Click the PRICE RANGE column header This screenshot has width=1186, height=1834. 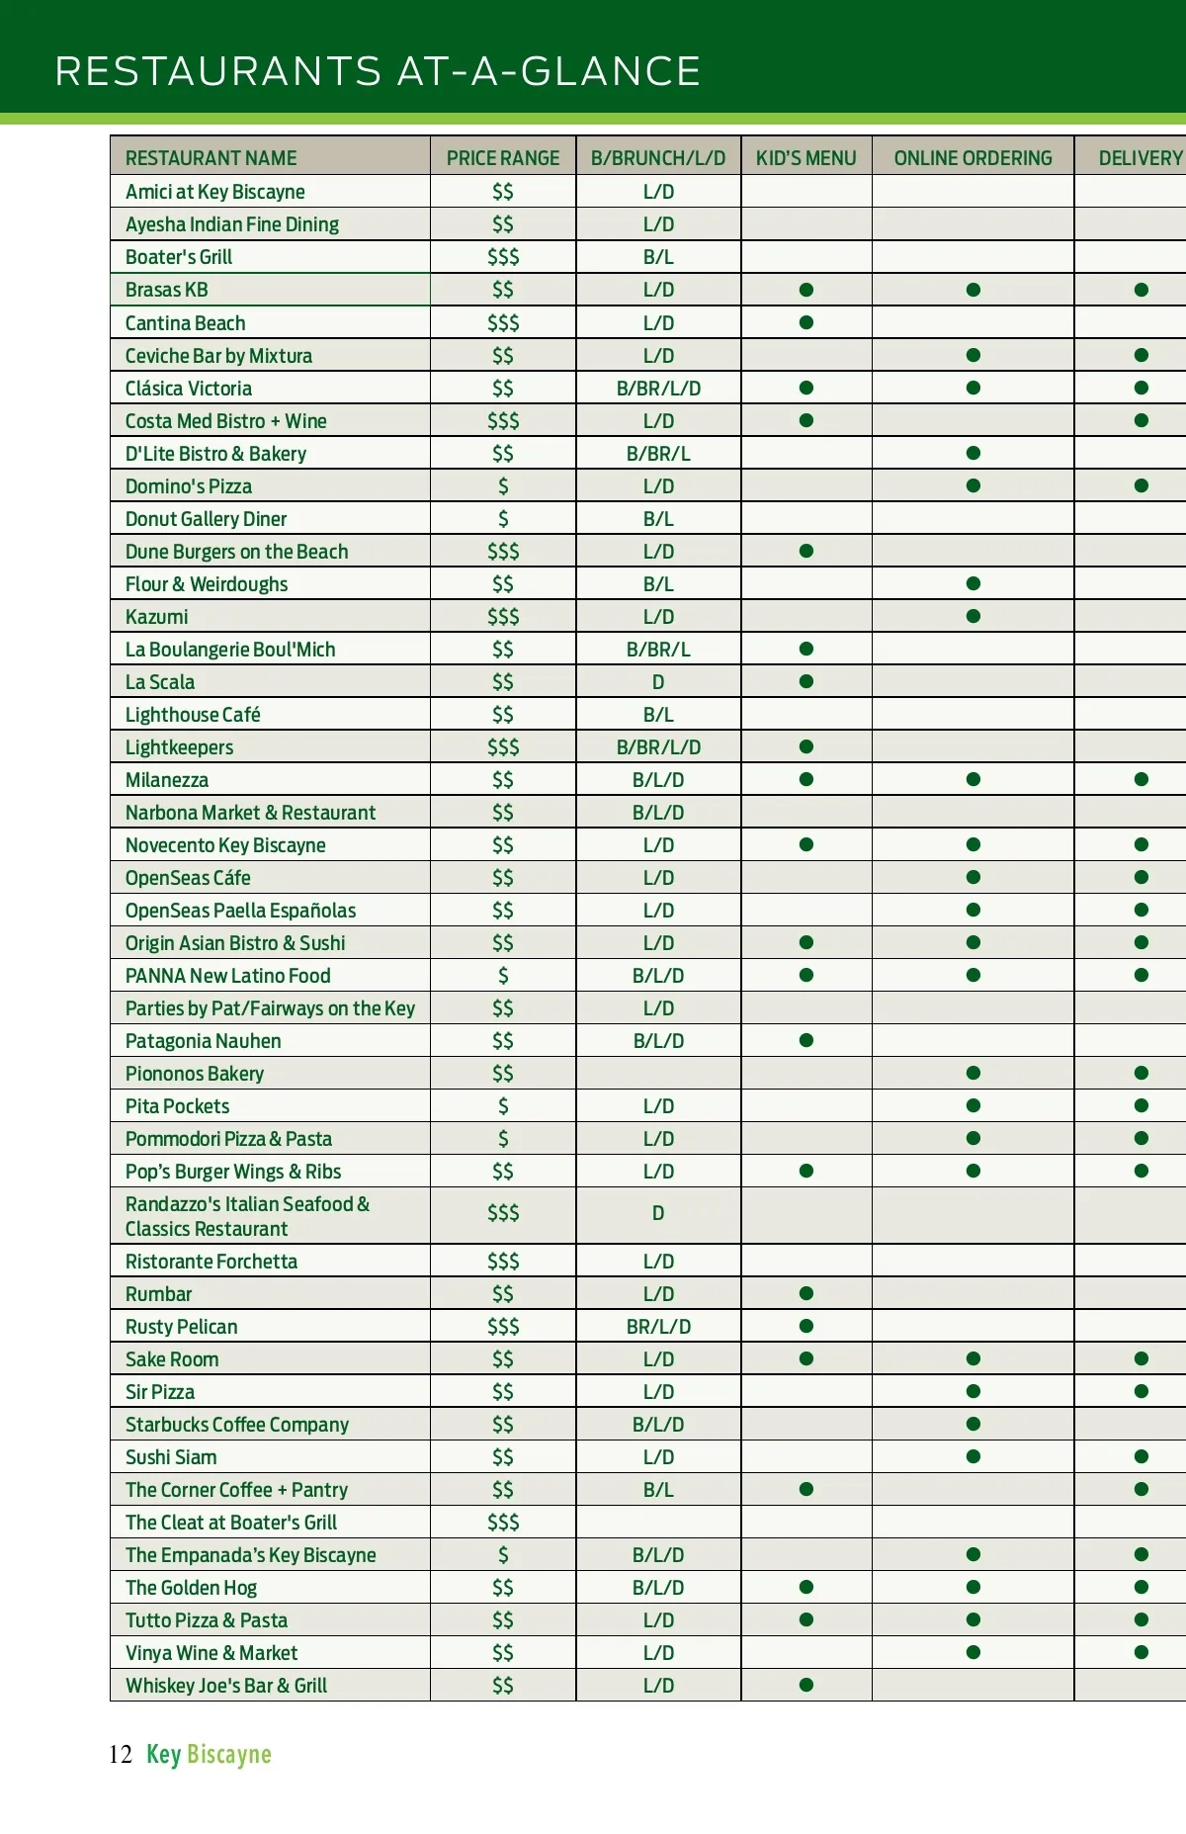pyautogui.click(x=502, y=158)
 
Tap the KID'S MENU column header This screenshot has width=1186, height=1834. pyautogui.click(x=805, y=158)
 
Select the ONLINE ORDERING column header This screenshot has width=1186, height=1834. pyautogui.click(x=973, y=158)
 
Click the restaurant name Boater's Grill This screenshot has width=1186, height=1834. pyautogui.click(x=179, y=257)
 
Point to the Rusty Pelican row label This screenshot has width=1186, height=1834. pyautogui.click(x=181, y=1327)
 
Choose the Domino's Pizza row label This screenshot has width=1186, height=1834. pyautogui.click(x=188, y=486)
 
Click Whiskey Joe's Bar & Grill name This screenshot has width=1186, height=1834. pyautogui.click(x=225, y=1686)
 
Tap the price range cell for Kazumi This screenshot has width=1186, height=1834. pyautogui.click(x=502, y=617)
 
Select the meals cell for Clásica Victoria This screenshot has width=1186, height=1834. pyautogui.click(x=658, y=389)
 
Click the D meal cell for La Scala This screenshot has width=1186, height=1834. pyautogui.click(x=658, y=682)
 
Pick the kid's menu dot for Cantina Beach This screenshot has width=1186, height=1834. pyautogui.click(x=806, y=322)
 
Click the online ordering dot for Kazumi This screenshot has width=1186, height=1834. pyautogui.click(x=974, y=616)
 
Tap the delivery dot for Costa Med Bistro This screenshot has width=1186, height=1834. pyautogui.click(x=1142, y=420)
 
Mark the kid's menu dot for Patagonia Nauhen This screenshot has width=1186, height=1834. pyautogui.click(x=806, y=1040)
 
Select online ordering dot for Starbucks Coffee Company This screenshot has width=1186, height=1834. pyautogui.click(x=974, y=1424)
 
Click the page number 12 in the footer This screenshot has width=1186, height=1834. pyautogui.click(x=121, y=1755)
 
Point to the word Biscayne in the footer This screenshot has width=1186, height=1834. pyautogui.click(x=228, y=1755)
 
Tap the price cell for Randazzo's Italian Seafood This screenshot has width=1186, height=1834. pyautogui.click(x=502, y=1213)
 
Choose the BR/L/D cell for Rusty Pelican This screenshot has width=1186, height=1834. pyautogui.click(x=658, y=1327)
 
